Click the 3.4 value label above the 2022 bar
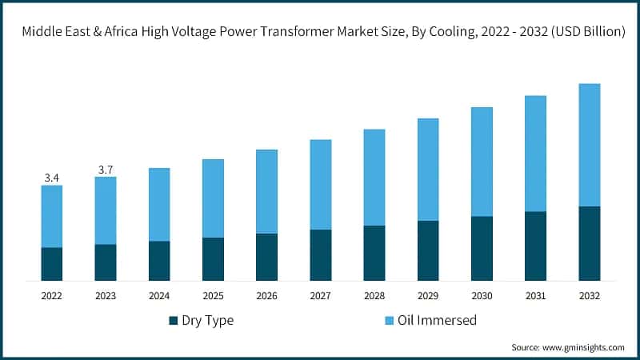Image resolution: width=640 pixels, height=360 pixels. point(52,178)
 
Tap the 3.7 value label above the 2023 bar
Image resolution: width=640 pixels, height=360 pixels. point(106,169)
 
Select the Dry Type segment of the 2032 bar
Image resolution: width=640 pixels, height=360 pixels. point(589,243)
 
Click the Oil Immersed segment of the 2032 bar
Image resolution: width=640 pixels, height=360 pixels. point(589,145)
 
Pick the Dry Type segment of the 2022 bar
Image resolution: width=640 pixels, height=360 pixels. point(52,264)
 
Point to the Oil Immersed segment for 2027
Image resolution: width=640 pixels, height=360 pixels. point(321,185)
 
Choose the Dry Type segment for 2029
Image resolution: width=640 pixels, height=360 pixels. point(428,250)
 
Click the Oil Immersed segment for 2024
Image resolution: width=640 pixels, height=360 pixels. point(159,205)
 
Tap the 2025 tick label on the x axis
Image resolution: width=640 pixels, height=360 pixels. point(213,296)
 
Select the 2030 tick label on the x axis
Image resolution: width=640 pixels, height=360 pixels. point(482,296)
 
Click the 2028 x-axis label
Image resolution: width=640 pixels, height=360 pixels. point(374,296)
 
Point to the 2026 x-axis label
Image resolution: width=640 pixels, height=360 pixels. point(266,296)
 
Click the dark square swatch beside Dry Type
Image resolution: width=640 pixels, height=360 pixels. point(173,321)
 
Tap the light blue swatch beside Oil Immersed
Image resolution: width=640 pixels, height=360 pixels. point(390,321)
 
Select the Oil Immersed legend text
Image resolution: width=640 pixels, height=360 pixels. point(437,321)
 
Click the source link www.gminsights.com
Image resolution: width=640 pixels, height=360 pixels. point(585,347)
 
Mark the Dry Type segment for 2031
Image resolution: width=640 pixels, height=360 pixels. point(535,246)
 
